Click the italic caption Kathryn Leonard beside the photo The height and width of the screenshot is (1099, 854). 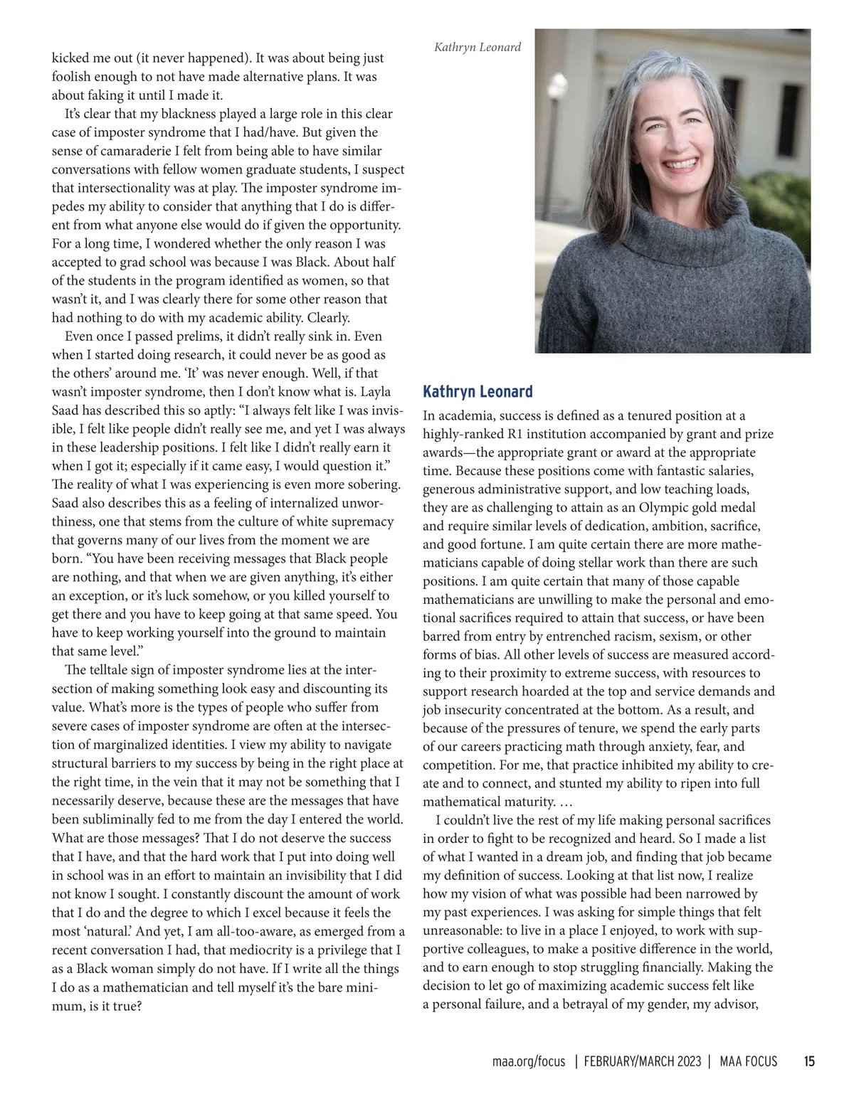[478, 48]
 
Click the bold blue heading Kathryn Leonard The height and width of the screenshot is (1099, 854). [478, 392]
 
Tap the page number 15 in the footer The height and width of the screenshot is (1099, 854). [809, 1062]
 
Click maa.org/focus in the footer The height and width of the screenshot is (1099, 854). [528, 1062]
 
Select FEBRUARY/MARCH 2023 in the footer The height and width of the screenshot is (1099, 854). [643, 1062]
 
